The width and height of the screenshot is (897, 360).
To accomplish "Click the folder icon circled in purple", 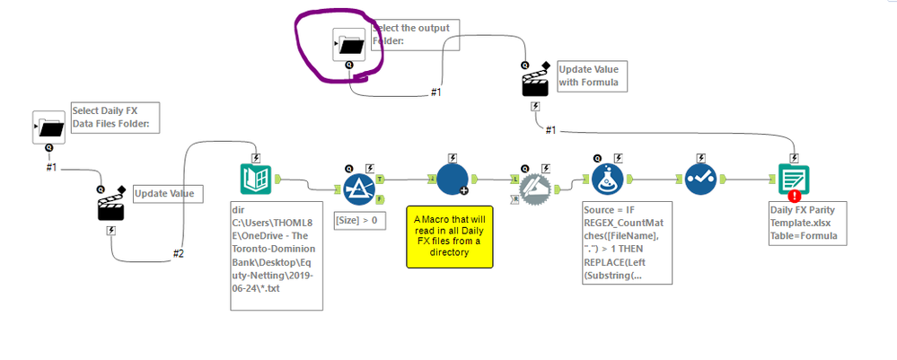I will pos(348,44).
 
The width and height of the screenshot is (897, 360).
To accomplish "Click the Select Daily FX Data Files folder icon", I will pos(48,127).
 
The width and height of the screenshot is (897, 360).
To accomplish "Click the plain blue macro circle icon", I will pos(453,179).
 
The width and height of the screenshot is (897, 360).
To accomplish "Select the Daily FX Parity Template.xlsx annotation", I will pos(805,224).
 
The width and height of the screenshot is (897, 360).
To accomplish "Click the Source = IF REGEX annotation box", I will pos(620,242).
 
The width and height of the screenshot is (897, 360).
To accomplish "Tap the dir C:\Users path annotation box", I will pos(277,256).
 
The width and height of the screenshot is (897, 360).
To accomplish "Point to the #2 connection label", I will pos(179,254).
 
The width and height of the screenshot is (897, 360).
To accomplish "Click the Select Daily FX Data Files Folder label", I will pos(115,117).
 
